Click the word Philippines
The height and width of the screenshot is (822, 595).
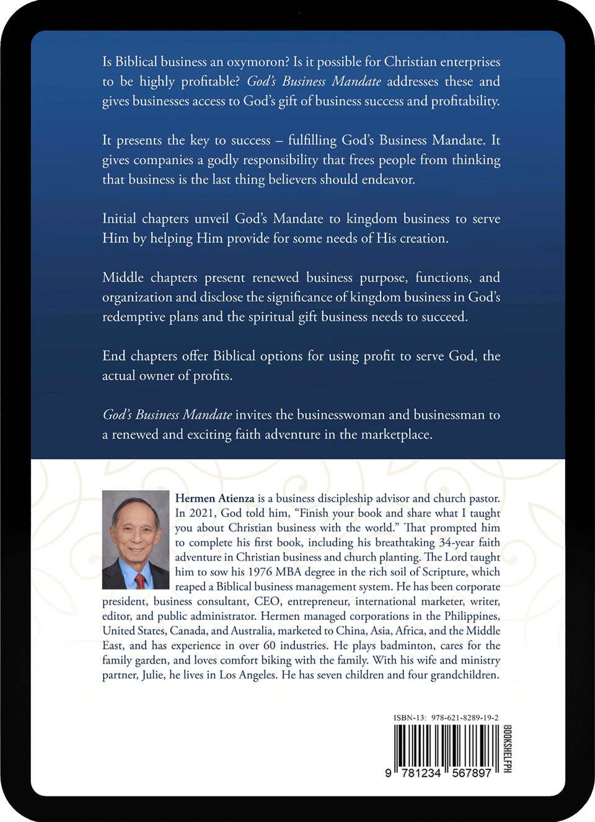pos(472,616)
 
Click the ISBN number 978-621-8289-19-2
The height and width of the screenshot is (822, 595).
pos(464,718)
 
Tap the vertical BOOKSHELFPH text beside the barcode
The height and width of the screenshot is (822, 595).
pos(507,749)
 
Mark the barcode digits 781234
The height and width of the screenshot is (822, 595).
pos(421,773)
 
